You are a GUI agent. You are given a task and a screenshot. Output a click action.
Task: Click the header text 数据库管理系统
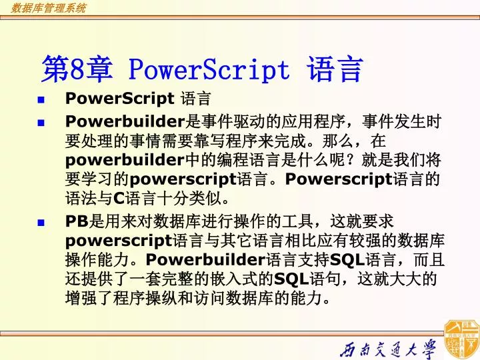click(48, 9)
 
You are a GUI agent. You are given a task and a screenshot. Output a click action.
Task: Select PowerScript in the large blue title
click(208, 69)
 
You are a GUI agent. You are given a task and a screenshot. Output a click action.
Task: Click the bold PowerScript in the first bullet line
click(119, 99)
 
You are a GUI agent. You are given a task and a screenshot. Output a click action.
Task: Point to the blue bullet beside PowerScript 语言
click(41, 100)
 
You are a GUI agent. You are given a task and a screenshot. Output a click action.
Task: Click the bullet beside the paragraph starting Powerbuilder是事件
click(41, 123)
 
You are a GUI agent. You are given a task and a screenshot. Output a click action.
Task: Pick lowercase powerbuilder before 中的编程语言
click(125, 161)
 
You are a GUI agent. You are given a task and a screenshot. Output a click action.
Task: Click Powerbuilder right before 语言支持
click(205, 259)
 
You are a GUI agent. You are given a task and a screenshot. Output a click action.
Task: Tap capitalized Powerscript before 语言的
click(341, 179)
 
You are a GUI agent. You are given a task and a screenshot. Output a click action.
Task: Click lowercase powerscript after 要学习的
click(183, 179)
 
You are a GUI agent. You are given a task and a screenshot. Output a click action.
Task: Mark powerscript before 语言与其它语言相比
click(119, 241)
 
